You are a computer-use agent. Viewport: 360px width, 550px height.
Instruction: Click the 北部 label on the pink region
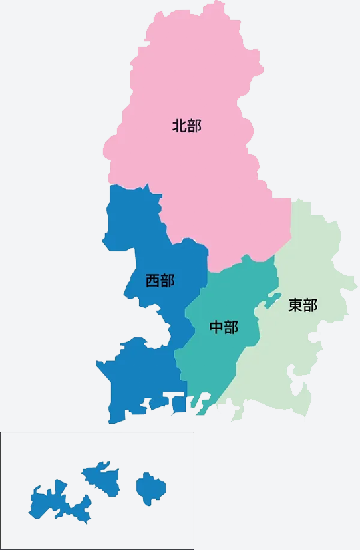(x=186, y=126)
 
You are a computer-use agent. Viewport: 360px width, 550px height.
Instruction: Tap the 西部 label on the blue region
(x=160, y=281)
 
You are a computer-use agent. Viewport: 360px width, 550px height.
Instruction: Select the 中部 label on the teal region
(x=224, y=327)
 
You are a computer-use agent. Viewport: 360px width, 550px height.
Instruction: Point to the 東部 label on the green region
(x=303, y=305)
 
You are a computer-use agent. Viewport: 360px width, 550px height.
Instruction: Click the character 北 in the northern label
(x=179, y=126)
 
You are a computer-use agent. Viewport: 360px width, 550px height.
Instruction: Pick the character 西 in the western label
(x=152, y=281)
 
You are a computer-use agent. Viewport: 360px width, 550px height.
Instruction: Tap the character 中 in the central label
(x=216, y=327)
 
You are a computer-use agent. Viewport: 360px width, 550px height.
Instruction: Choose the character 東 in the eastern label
(x=295, y=305)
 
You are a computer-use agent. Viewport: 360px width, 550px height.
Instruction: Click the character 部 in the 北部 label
(x=194, y=126)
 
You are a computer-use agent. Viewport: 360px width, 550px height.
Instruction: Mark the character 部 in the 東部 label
(x=310, y=305)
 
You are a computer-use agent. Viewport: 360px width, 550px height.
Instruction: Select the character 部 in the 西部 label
(x=167, y=281)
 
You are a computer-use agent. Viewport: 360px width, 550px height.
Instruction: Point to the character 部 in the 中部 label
(x=231, y=327)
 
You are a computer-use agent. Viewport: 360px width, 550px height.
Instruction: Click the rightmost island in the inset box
(x=149, y=488)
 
